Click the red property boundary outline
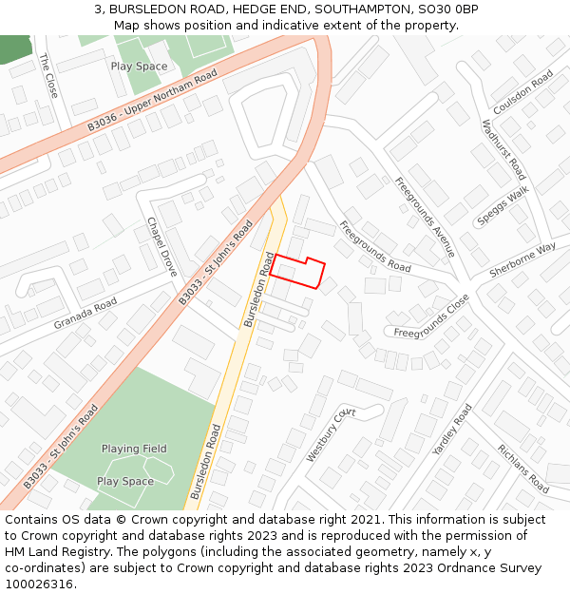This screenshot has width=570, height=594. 297,271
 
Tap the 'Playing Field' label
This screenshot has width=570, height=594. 134,449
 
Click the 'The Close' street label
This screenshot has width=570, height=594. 48,75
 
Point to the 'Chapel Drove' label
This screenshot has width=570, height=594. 161,246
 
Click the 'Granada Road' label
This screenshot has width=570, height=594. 85,313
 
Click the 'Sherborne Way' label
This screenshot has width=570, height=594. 522,259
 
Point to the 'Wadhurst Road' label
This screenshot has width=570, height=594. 503,149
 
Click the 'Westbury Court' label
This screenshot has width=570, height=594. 330,434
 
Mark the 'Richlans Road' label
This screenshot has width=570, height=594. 522,469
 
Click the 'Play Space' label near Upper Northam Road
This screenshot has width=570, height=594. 139,67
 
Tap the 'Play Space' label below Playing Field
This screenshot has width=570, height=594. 124,482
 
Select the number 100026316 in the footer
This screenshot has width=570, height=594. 39,584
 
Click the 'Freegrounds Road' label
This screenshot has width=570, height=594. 374,247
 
